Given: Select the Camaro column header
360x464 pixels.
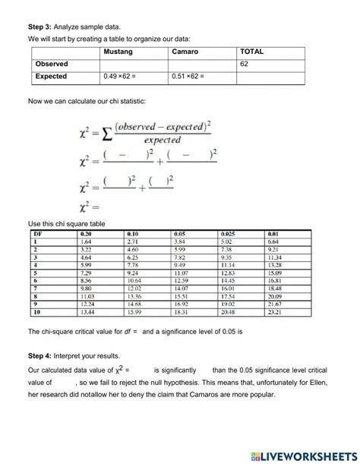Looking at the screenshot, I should (x=187, y=52).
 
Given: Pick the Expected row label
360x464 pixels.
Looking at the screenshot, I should (x=51, y=77).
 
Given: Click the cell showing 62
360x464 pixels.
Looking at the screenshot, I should (x=244, y=65).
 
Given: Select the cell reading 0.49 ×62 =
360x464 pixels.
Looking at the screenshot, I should (x=124, y=77).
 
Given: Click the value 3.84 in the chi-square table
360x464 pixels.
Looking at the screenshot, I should (x=181, y=240).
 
